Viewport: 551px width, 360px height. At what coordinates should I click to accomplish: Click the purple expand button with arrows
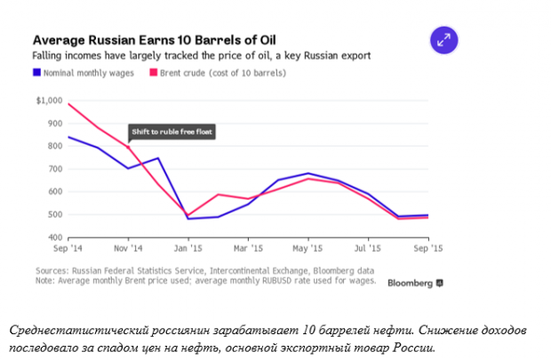click(443, 39)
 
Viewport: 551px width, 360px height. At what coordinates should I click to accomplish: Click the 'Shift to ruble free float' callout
click(172, 132)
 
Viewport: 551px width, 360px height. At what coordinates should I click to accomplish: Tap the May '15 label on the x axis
click(307, 249)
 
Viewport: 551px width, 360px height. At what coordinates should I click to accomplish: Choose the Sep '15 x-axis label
click(429, 249)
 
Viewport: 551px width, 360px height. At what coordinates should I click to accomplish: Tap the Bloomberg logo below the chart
click(415, 283)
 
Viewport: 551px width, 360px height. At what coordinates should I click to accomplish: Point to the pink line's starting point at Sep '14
click(68, 104)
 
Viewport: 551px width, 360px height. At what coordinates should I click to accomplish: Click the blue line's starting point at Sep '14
click(68, 137)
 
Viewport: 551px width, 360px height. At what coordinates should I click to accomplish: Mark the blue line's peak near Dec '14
click(158, 158)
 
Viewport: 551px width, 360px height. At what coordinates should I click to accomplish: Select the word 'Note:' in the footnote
click(46, 281)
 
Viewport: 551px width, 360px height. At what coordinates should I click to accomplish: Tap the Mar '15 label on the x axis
click(248, 249)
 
